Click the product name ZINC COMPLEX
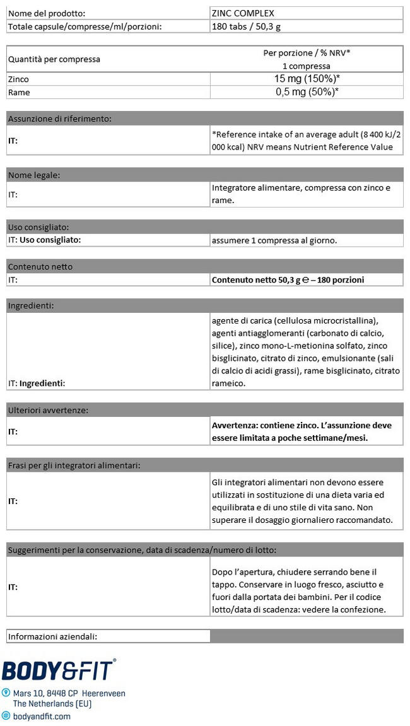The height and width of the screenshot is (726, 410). click(x=243, y=13)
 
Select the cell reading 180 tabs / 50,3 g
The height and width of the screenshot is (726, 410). click(x=252, y=26)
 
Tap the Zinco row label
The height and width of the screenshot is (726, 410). click(x=18, y=79)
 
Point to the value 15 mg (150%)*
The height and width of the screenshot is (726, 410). click(x=307, y=79)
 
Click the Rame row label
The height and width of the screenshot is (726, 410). click(x=18, y=92)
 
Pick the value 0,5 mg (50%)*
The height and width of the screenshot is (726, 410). click(x=307, y=92)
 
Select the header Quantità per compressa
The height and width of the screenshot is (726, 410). click(x=54, y=59)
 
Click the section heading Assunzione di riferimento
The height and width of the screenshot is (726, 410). click(x=60, y=118)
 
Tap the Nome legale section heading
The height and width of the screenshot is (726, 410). click(x=33, y=175)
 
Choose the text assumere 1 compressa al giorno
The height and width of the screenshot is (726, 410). click(x=274, y=240)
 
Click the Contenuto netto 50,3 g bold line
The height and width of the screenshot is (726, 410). click(x=288, y=279)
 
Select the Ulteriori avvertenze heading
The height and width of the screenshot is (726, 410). click(x=48, y=410)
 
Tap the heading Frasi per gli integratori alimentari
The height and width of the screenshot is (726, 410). click(x=74, y=465)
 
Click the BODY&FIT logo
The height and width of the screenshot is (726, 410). click(x=59, y=670)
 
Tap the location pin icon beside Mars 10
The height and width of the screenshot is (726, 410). click(x=6, y=693)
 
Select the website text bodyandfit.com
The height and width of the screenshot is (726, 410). click(x=42, y=716)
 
